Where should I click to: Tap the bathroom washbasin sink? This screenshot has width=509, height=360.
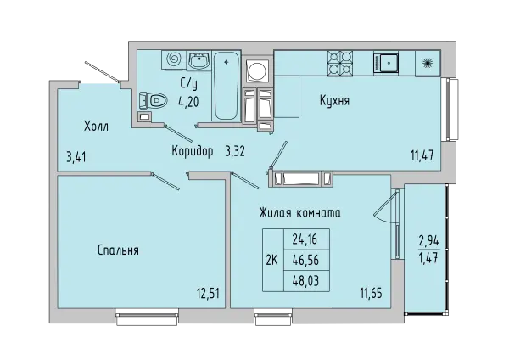pos(199,59)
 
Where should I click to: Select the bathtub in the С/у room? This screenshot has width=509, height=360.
pos(227,86)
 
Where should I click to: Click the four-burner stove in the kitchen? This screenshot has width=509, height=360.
pos(340,64)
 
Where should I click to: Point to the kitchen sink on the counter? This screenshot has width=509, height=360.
pos(386,63)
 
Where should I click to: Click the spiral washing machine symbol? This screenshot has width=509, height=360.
pos(174,59)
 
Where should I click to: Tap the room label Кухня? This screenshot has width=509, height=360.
pos(334,100)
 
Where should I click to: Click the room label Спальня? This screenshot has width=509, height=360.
pos(118,250)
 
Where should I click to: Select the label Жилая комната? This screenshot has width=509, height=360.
pos(299,213)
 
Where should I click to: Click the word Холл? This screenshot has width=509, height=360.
pos(96,126)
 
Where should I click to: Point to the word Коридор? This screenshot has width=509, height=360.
pos(193,151)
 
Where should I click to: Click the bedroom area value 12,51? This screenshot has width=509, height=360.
pos(208,294)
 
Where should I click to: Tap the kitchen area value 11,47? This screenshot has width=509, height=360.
pos(422,156)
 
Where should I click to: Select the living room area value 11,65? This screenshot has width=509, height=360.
pos(371,294)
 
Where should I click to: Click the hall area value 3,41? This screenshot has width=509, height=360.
pos(76,158)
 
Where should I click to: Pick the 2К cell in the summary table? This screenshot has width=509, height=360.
pos(272,260)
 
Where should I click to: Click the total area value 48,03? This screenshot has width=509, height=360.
pos(305,281)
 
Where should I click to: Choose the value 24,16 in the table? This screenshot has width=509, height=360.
pos(305,239)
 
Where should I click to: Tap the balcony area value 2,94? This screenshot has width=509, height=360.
pos(428,241)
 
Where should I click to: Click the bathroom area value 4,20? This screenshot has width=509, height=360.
pos(188,102)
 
